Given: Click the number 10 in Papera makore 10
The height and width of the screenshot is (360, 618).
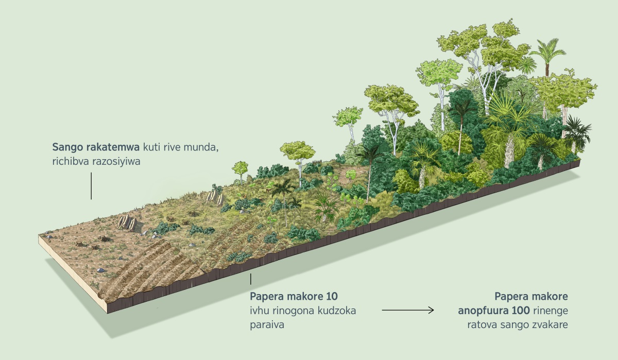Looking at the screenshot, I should click(x=332, y=298).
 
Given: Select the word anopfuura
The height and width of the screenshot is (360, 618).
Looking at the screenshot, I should click(x=480, y=311).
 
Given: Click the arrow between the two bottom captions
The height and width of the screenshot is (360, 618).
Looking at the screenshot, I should click(x=407, y=310).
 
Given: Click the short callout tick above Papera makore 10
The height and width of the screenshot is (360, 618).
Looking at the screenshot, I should click(x=251, y=279).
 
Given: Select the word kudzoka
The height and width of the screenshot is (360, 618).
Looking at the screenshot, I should click(x=338, y=311).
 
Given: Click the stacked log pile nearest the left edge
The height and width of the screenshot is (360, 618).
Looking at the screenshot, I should click(x=126, y=222).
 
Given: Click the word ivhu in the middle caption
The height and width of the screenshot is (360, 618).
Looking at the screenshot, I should click(x=259, y=311).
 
